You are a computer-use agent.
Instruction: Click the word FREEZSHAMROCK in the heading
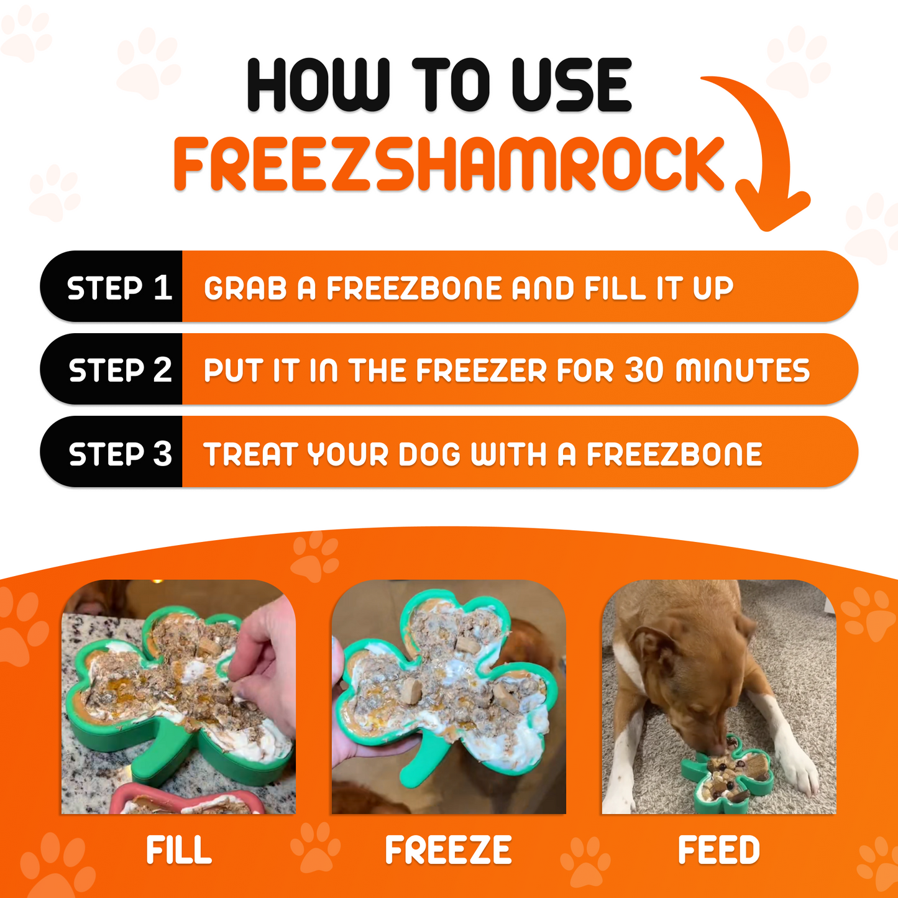449,164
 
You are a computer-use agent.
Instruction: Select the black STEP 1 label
118,288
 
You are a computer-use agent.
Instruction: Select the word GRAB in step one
245,288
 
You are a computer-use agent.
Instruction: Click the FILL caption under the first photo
178,850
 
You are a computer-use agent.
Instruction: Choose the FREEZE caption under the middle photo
448,850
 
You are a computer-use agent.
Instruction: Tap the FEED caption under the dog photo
718,850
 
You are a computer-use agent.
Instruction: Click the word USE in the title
571,85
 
